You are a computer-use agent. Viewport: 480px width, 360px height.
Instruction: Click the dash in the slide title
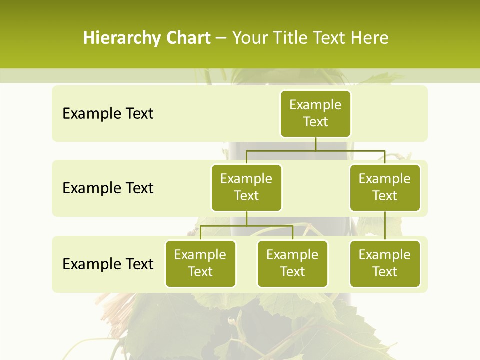coord(221,38)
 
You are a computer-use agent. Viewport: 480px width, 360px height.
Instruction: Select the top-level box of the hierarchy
coord(315,113)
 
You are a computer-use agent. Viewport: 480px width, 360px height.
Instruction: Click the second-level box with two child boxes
coord(246,187)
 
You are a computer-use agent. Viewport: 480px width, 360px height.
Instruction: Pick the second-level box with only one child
coord(385,187)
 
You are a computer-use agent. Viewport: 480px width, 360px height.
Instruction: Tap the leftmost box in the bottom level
coord(200,263)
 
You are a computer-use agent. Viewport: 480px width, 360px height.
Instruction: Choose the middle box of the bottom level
coord(292,263)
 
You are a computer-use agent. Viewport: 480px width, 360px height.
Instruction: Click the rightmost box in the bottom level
coord(385,263)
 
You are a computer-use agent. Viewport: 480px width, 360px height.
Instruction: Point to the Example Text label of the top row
coord(108,114)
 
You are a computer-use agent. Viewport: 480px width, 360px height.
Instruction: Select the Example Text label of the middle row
coord(108,188)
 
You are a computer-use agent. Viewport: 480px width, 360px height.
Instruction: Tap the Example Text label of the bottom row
coord(108,264)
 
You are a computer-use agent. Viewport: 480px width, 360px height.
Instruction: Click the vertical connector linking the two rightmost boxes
coord(385,226)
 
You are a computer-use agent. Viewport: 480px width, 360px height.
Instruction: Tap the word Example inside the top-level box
coord(315,105)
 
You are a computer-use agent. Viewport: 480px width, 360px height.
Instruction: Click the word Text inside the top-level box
coord(315,122)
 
